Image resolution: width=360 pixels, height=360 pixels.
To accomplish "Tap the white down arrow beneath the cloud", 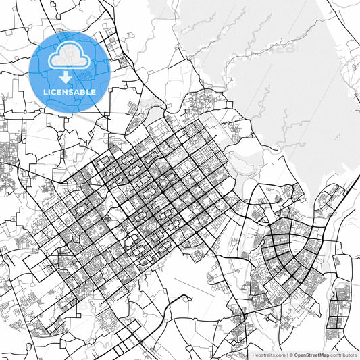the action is click(65, 76).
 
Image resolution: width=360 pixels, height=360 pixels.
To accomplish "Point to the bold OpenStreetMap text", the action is click(311, 355).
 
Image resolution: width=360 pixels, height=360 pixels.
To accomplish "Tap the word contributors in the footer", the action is click(344, 355).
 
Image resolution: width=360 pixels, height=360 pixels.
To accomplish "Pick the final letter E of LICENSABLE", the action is click(93, 91).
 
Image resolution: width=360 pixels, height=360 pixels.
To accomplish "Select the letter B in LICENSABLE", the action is click(81, 91).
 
